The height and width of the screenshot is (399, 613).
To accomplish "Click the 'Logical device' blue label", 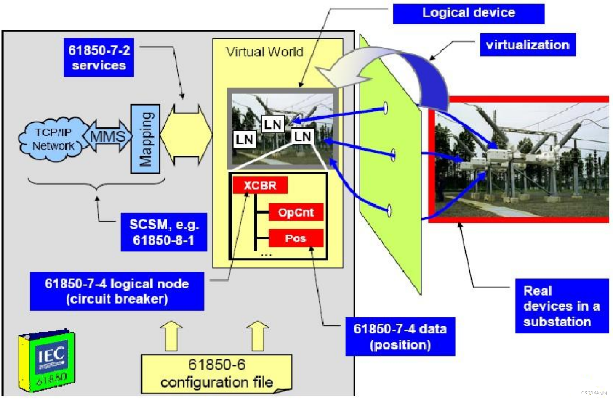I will pyautogui.click(x=468, y=13).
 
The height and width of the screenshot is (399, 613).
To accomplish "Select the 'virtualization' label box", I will pyautogui.click(x=528, y=45).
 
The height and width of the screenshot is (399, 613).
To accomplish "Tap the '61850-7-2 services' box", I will pyautogui.click(x=99, y=58).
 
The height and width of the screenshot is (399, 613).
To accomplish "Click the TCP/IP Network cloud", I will pyautogui.click(x=53, y=139).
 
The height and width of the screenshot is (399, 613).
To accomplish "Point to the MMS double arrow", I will pyautogui.click(x=107, y=136).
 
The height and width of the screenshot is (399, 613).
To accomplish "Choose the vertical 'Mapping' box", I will pyautogui.click(x=145, y=139).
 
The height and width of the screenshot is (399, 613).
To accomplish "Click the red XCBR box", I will pyautogui.click(x=260, y=185).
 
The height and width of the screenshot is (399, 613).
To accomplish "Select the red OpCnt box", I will pyautogui.click(x=296, y=212).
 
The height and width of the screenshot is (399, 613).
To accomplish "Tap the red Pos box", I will pyautogui.click(x=296, y=238).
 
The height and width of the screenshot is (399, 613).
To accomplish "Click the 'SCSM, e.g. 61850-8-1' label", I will pyautogui.click(x=164, y=232).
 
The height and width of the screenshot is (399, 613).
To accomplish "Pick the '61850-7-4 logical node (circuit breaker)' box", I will pyautogui.click(x=117, y=291).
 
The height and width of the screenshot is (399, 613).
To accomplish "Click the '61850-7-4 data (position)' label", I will pyautogui.click(x=400, y=336).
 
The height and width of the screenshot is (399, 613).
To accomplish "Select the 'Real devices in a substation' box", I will pyautogui.click(x=562, y=306).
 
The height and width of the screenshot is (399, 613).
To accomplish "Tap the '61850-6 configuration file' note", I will pyautogui.click(x=216, y=373).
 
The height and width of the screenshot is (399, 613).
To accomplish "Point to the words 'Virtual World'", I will pyautogui.click(x=264, y=52).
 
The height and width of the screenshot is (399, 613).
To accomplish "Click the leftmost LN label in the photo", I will pyautogui.click(x=244, y=139).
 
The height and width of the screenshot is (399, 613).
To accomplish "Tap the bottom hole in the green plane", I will pyautogui.click(x=389, y=210).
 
